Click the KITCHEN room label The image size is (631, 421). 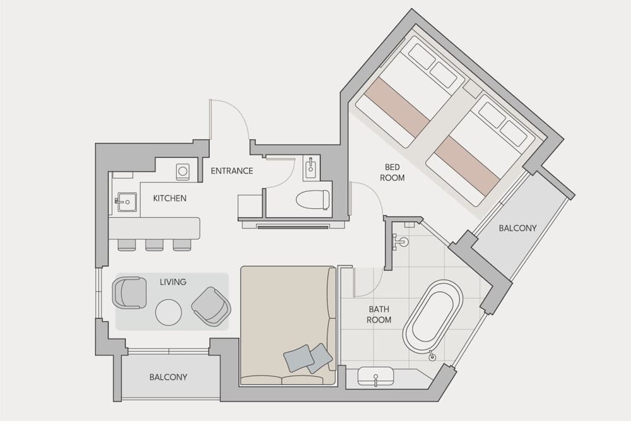170,198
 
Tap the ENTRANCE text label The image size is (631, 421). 232,171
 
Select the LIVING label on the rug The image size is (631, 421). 173,282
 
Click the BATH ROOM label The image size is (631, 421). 379,315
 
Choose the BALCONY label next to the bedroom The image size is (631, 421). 517,228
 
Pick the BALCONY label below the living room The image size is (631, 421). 168,377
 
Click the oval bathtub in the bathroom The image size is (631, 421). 433,317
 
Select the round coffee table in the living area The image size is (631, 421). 168,312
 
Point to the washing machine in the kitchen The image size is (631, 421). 182,170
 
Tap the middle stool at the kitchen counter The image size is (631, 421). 155,244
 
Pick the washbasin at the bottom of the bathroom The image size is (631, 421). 375,377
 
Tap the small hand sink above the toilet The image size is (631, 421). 312,167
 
